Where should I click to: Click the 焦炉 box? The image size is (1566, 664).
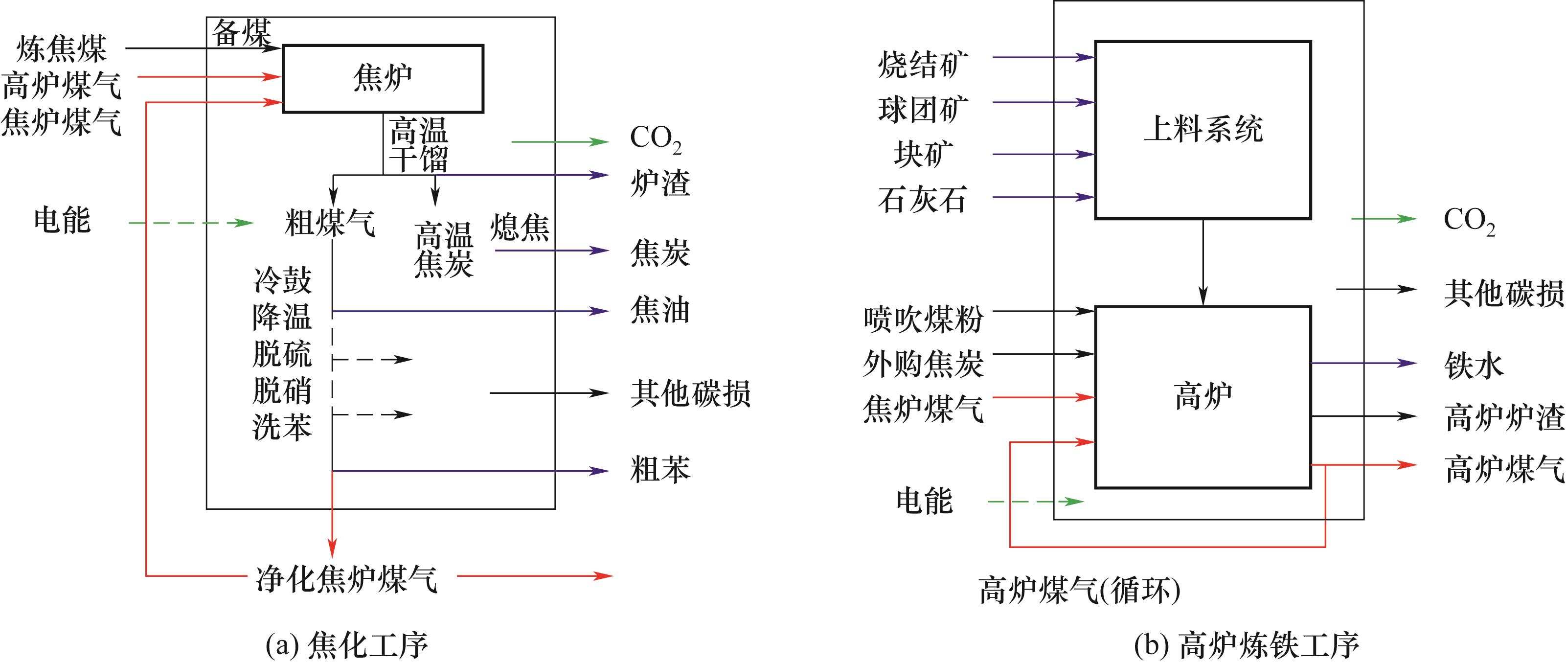[383, 78]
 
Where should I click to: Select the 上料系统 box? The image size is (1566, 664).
[1203, 130]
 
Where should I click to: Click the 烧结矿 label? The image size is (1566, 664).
[923, 65]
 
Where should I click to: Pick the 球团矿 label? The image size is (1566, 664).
[923, 110]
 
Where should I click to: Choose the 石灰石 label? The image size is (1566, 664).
[922, 200]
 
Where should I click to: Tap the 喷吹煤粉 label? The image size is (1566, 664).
[923, 319]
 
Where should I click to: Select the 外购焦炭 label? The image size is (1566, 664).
[923, 364]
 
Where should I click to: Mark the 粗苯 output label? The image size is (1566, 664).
[660, 469]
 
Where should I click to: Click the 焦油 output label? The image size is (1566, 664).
[660, 310]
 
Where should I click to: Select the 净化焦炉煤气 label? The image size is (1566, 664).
[346, 578]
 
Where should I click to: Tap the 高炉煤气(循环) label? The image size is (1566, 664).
[1080, 590]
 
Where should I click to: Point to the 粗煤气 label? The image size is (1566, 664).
[330, 223]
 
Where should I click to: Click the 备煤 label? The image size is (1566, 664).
[241, 33]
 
